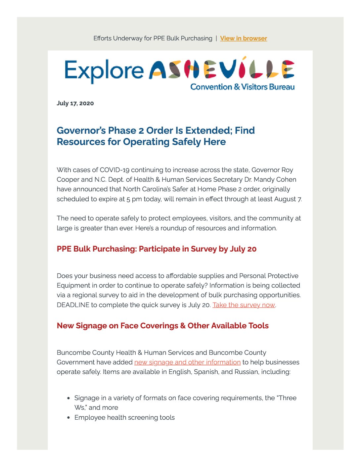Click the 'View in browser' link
tap(243, 38)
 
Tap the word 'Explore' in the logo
tap(104, 71)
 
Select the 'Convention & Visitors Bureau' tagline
tap(242, 87)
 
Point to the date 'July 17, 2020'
tap(75, 103)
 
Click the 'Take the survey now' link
tap(244, 305)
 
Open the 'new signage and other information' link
tap(187, 362)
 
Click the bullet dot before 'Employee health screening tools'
tap(68, 418)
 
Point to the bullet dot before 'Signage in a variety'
tap(68, 398)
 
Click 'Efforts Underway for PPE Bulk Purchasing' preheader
tap(153, 38)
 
